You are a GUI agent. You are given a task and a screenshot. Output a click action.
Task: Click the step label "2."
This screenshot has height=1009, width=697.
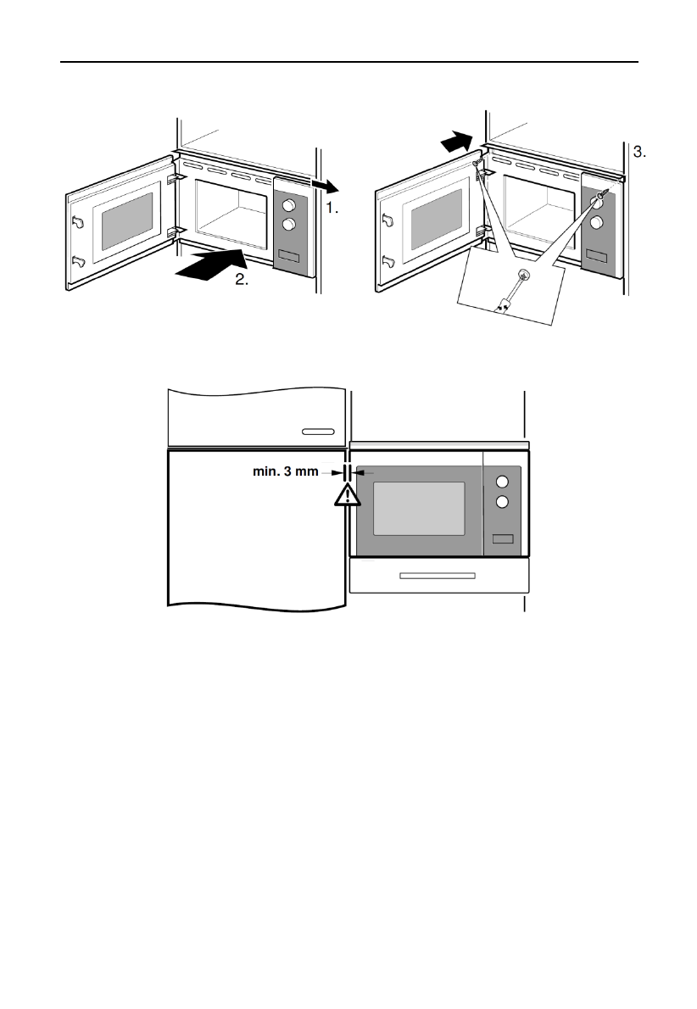[243, 282]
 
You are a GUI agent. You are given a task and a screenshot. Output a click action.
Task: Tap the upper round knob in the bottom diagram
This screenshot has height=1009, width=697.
[502, 478]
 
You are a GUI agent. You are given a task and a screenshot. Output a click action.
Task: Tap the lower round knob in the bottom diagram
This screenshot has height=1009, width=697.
[502, 501]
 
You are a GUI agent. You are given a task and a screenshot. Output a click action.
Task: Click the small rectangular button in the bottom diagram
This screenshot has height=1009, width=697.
[502, 538]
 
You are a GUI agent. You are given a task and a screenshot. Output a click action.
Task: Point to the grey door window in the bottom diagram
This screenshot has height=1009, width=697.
[419, 508]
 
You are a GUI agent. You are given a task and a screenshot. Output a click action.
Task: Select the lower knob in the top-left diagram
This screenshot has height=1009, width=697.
[289, 224]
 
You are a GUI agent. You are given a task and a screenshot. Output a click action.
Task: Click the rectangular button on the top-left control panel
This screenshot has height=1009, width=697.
[288, 257]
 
